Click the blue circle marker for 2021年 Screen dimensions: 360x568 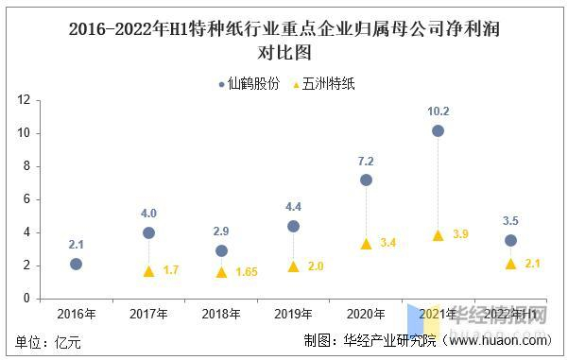pyautogui.click(x=438, y=130)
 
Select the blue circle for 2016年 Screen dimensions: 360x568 pyautogui.click(x=76, y=264)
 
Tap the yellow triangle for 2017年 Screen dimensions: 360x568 pyautogui.click(x=148, y=271)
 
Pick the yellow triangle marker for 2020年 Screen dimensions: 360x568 pyautogui.click(x=366, y=243)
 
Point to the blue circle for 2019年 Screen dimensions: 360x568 pyautogui.click(x=293, y=226)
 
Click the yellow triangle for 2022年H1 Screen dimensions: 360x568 pyautogui.click(x=510, y=264)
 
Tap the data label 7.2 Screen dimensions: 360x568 pyautogui.click(x=366, y=161)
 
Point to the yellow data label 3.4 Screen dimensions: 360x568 pyautogui.click(x=387, y=244)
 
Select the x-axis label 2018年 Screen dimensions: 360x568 pyautogui.click(x=221, y=313)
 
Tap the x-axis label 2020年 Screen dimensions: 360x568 pyautogui.click(x=366, y=313)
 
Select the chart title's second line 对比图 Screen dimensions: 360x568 pyautogui.click(x=284, y=52)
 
